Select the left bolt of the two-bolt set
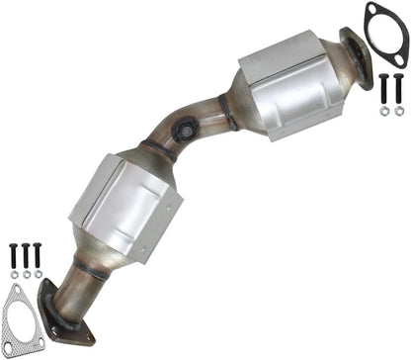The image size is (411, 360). pos(383,89)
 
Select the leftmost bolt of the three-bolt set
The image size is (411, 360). pos(14,254)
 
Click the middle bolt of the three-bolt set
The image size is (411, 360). pos(26,254)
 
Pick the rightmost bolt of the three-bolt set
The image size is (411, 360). pos(38,254)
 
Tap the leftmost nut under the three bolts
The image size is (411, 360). pos(14,275)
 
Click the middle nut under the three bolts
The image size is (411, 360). pos(26,275)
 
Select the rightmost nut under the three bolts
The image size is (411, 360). pos(38,275)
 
